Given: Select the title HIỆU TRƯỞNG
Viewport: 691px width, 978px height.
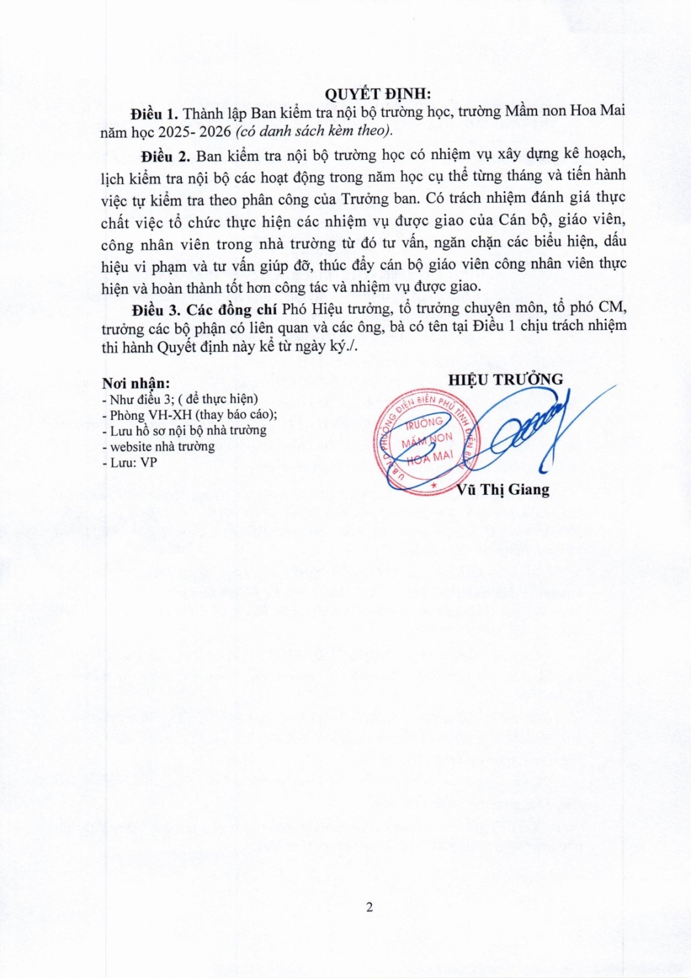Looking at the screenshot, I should point(505,379).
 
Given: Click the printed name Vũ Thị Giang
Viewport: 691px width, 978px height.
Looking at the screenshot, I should point(503,490).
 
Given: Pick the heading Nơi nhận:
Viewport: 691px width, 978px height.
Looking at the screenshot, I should point(136,383).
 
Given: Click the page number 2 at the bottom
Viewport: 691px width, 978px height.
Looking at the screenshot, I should point(370,907).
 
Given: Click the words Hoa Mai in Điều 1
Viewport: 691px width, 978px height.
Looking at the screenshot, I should point(598,110).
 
